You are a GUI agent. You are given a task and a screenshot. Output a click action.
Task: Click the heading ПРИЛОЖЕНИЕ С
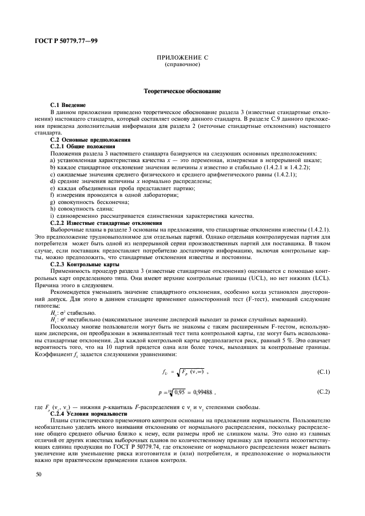click(182, 58)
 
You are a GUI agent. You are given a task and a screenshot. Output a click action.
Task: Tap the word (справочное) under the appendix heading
click(182, 64)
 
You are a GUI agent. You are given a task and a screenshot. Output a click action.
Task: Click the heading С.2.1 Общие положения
click(82, 146)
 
